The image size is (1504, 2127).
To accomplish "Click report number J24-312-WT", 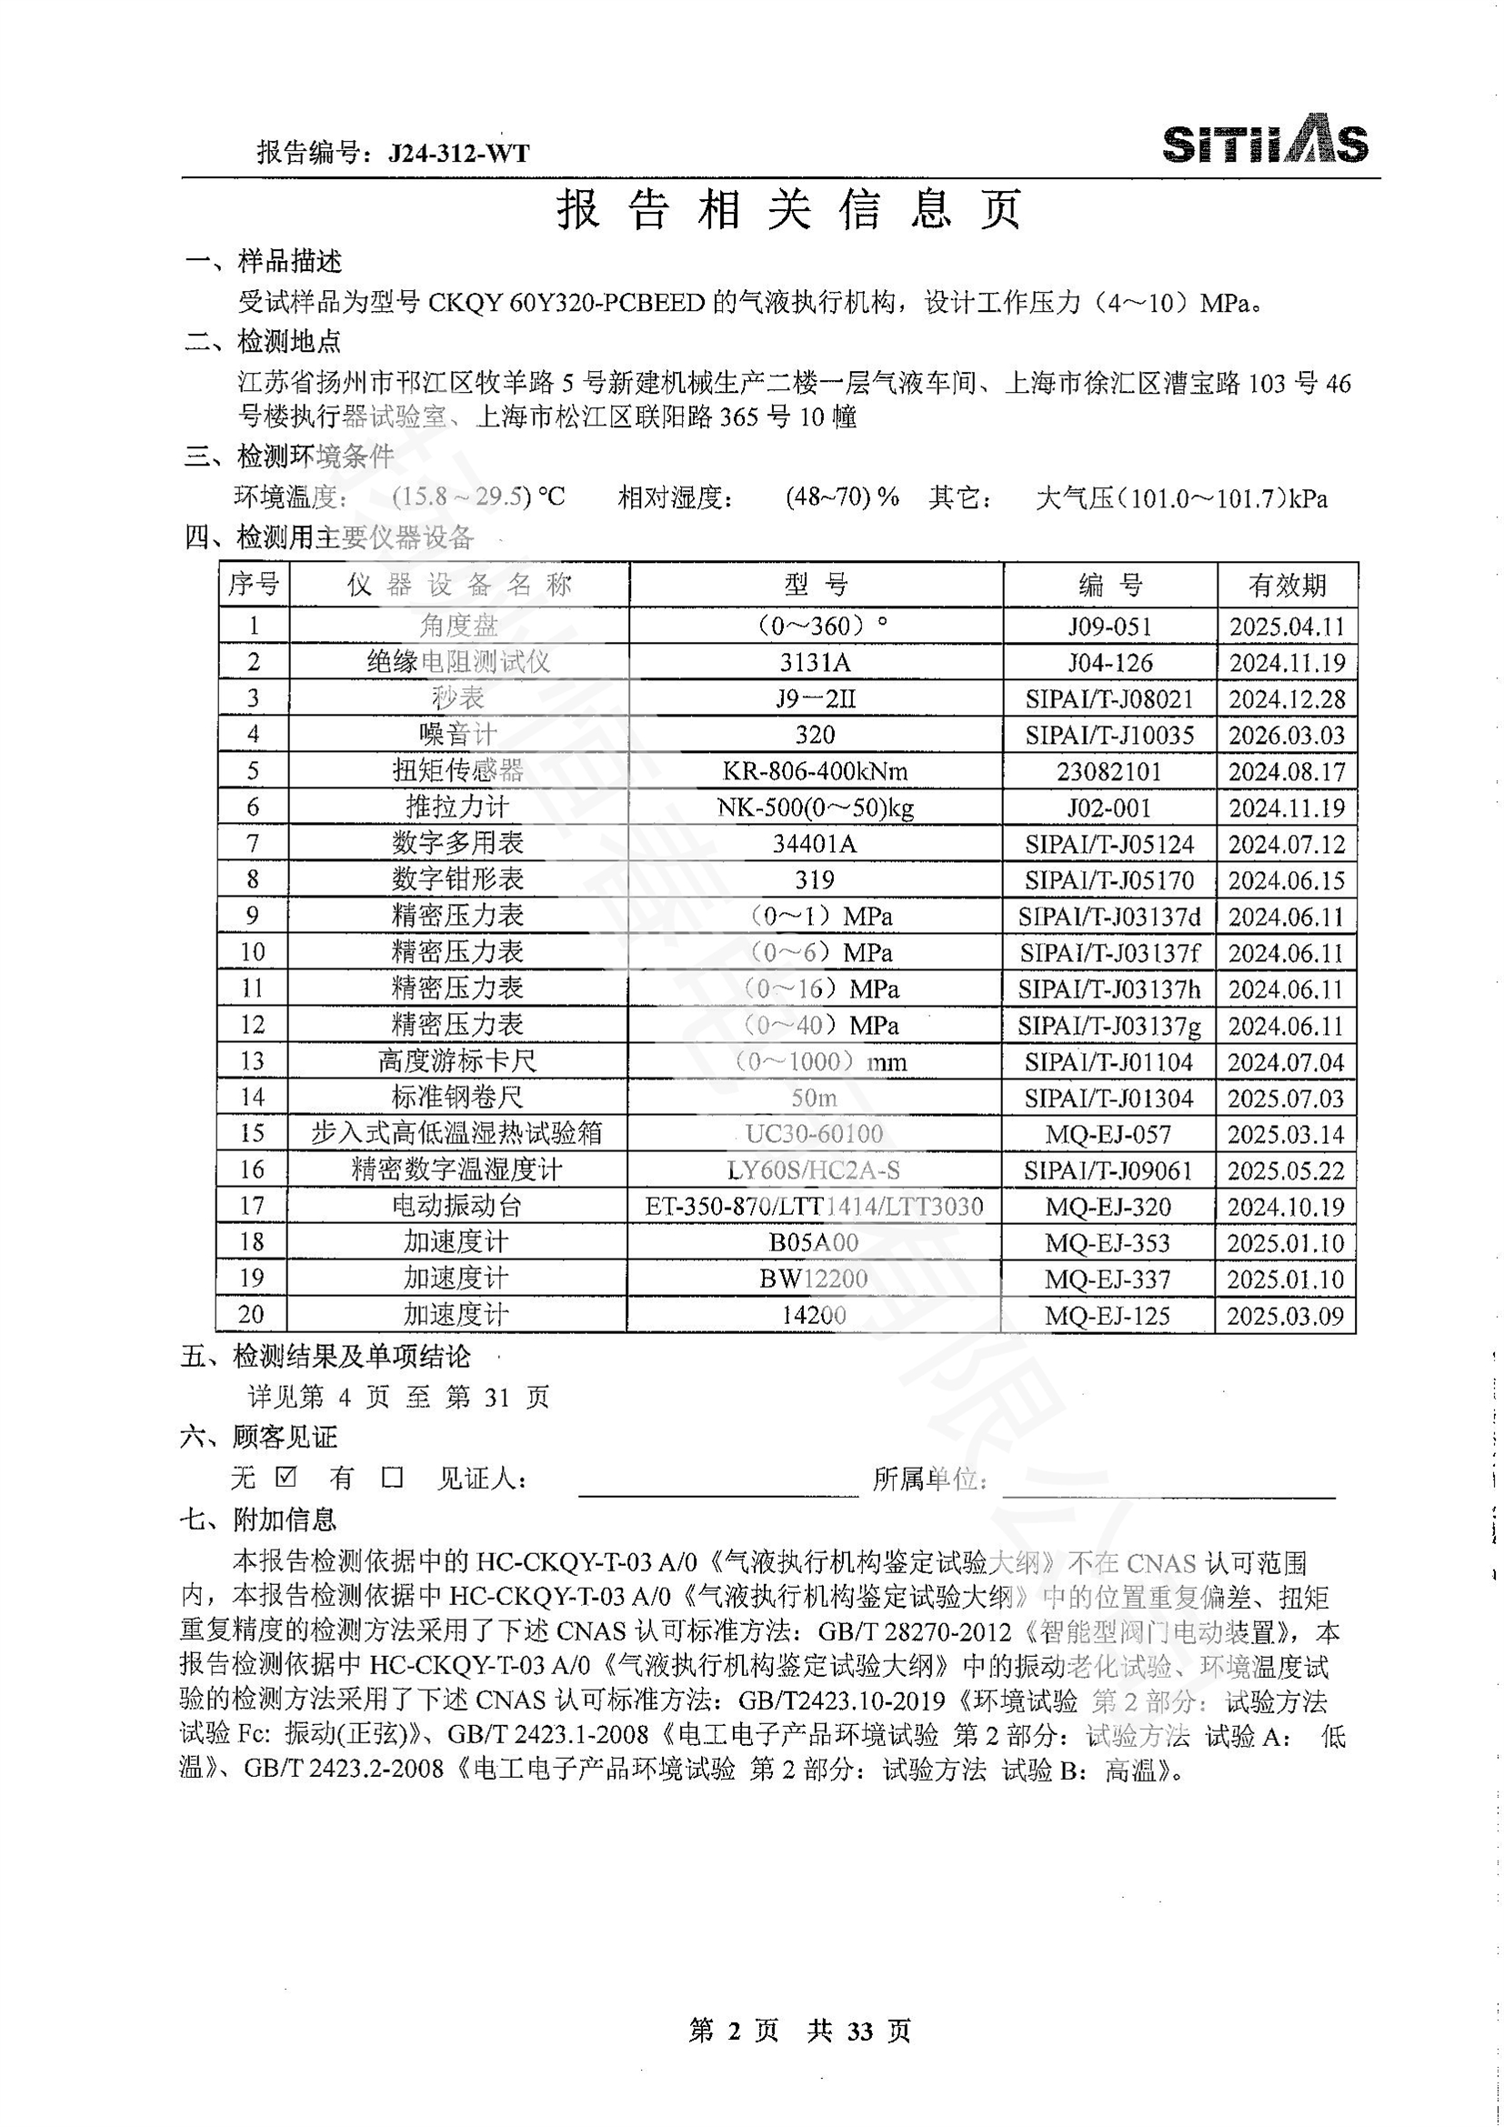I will coord(458,153).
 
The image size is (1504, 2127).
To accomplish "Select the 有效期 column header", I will coord(1287,585).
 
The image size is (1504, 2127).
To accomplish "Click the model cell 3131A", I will coord(815,662).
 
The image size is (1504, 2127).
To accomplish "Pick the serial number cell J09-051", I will coord(1109,627).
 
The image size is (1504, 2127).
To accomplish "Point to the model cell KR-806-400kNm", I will coord(815,771).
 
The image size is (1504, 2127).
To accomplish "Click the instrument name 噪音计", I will coord(457,735).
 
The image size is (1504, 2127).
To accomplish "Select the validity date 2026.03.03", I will coord(1287,735).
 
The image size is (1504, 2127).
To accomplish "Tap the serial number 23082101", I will coord(1109,771).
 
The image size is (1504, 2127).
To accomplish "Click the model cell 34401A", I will coord(815,843).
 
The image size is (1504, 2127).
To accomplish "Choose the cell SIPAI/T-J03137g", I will coord(1109,1026).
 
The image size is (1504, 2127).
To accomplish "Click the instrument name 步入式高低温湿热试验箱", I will coord(457,1134).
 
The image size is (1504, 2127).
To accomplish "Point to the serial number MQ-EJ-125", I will coord(1108,1316).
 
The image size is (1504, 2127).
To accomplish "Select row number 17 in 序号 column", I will coord(252,1206).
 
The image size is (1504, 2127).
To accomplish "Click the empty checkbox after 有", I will coord(393,1477).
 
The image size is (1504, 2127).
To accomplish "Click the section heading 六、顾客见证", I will coord(259,1437).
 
